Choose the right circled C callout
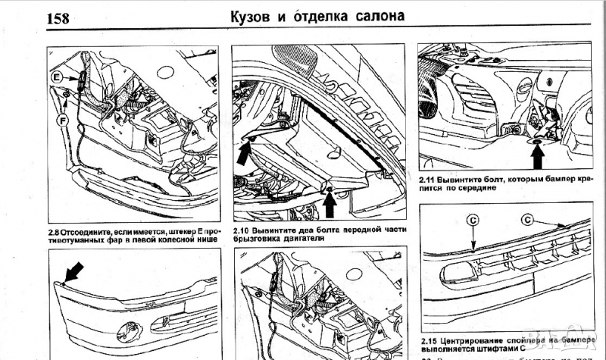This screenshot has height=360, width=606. coord(527,220)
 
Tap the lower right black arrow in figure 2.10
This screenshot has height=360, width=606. coord(330,201)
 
